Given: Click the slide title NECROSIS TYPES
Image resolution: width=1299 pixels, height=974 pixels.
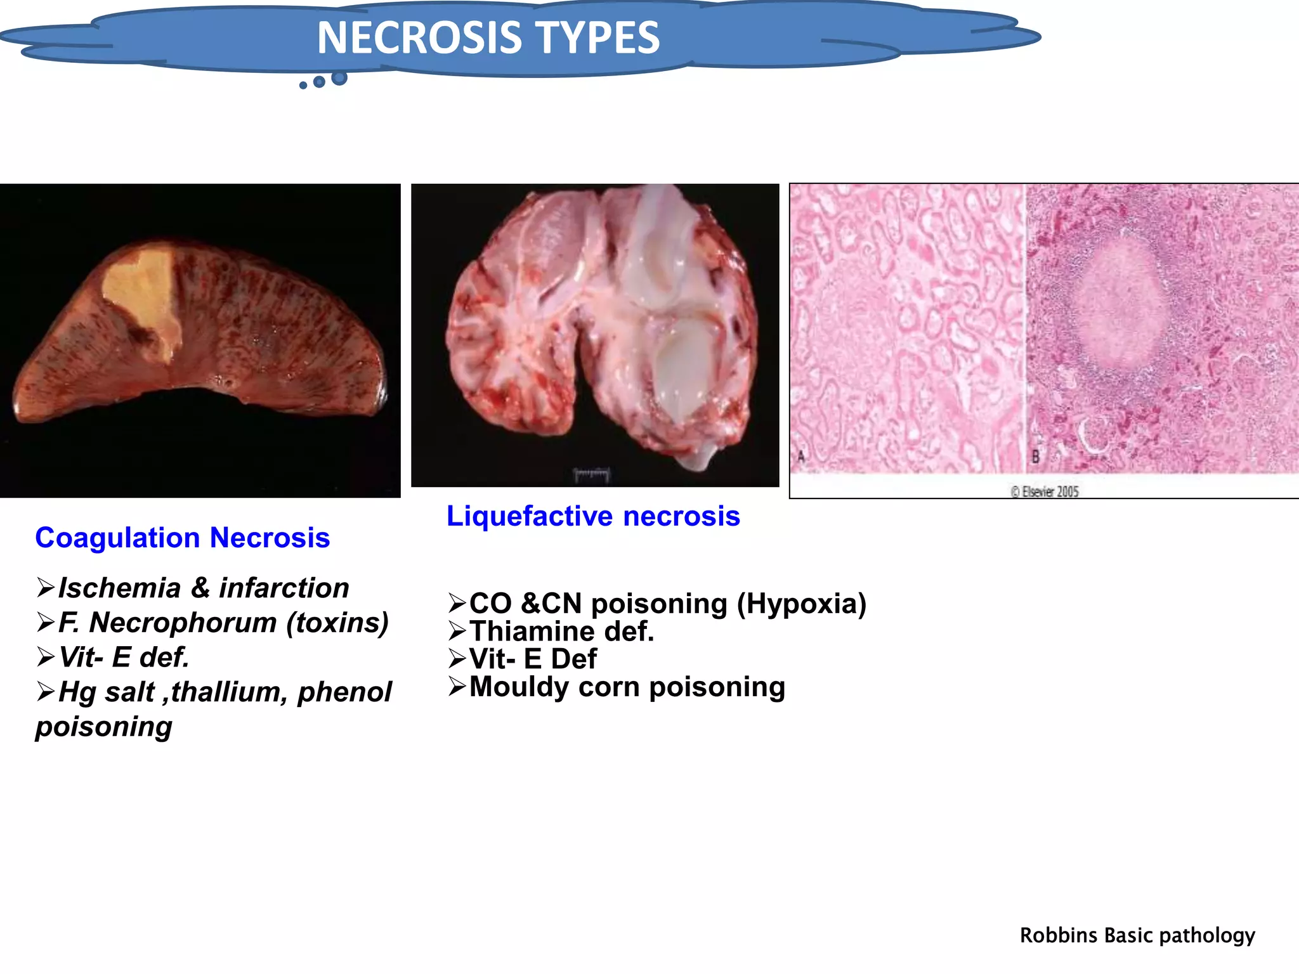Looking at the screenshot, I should coord(488,38).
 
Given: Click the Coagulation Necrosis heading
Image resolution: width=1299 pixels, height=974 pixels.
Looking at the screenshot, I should coord(183,538).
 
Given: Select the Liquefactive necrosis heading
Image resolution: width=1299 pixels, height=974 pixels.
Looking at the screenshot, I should coord(593,516).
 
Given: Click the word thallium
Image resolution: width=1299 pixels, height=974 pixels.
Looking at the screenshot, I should coord(229,692).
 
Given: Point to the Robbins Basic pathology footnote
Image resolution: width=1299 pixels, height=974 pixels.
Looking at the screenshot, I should coord(1137,935).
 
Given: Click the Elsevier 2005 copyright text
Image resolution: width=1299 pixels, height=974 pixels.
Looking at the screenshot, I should coord(1045,491).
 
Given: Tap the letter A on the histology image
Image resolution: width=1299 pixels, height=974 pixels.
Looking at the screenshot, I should coord(800,456).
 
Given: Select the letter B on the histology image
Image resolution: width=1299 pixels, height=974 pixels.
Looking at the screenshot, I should coord(1036,456).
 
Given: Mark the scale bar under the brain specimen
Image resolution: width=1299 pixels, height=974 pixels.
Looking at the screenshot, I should coord(591,474).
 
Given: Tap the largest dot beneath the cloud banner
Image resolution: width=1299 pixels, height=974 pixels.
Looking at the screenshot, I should coord(339,78).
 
